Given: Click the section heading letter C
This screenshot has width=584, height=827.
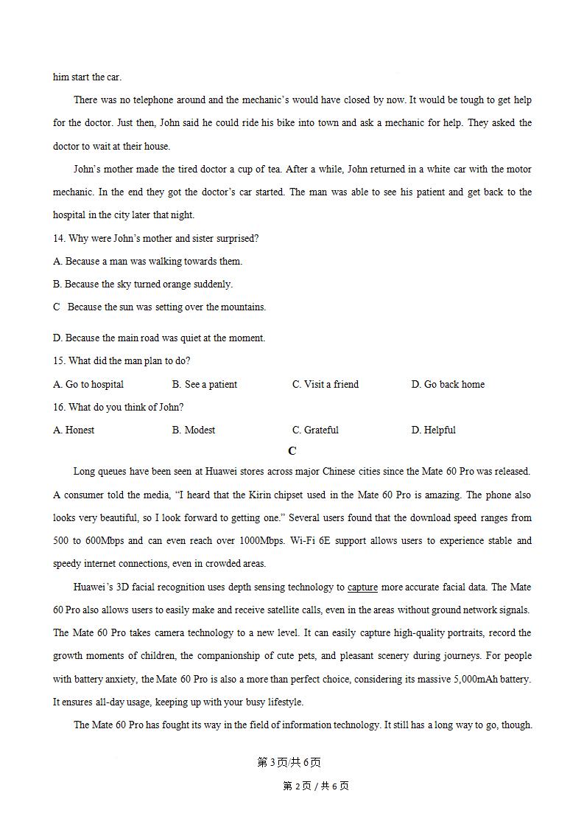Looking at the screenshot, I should tap(292, 451).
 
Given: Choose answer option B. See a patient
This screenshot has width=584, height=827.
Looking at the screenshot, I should tap(205, 384).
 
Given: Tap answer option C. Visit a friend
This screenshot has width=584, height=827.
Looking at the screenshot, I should tap(326, 384).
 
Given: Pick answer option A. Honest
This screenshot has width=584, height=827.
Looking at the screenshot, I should tap(74, 430).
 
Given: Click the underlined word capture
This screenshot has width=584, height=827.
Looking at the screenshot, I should tap(362, 587).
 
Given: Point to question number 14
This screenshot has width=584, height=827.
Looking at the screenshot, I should tap(59, 238).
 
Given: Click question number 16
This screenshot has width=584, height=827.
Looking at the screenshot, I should tap(59, 407).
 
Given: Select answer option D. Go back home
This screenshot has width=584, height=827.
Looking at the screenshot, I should tap(448, 384).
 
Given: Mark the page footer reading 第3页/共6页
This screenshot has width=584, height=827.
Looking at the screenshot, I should tap(289, 762).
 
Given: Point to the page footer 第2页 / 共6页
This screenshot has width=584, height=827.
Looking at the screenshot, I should tap(316, 786).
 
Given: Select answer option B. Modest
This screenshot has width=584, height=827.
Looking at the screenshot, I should tap(194, 430).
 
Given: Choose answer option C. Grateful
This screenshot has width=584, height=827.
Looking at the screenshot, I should tap(315, 430).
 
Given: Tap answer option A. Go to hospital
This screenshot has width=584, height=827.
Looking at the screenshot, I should tap(88, 384).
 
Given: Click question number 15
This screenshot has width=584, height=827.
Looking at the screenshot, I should tap(59, 361).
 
